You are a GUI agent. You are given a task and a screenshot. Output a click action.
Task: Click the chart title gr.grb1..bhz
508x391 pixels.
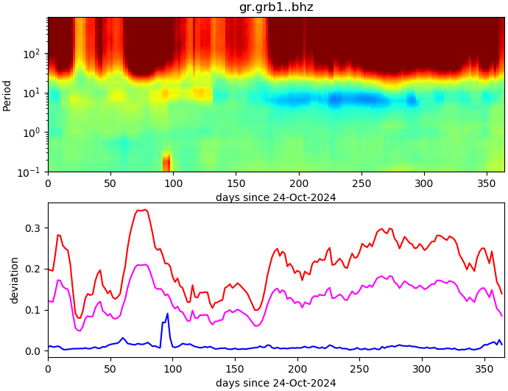(276, 7)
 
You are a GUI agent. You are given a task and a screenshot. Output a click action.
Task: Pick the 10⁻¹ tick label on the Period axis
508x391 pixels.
(31, 172)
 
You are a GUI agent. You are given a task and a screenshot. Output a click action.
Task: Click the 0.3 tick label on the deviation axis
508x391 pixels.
(33, 228)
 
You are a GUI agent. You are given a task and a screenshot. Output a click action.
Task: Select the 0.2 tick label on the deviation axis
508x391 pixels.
(33, 270)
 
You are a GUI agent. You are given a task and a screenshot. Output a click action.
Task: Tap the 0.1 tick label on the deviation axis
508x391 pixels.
(33, 310)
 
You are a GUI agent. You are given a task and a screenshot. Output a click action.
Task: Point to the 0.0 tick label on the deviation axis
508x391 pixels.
(33, 351)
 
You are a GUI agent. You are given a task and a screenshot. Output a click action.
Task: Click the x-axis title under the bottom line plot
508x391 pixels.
(276, 383)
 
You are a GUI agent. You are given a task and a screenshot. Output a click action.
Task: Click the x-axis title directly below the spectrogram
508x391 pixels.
(276, 197)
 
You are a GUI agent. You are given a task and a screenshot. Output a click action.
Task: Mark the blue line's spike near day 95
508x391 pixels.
(167, 314)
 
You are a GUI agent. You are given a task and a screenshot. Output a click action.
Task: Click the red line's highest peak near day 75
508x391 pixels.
(144, 210)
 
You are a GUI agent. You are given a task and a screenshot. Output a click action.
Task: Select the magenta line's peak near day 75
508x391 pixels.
(144, 264)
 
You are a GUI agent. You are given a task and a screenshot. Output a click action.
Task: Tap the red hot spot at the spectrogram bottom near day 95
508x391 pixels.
(167, 162)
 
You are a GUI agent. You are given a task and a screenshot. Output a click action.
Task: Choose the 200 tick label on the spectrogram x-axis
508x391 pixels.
(298, 183)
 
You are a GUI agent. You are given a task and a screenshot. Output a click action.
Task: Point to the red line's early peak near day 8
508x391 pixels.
(58, 235)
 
